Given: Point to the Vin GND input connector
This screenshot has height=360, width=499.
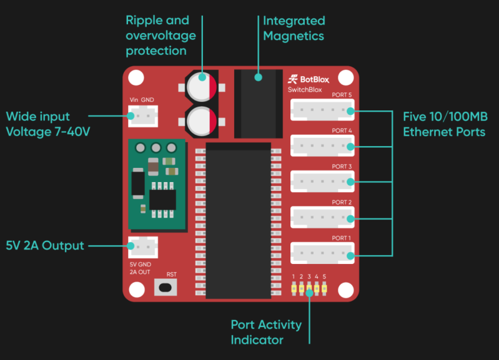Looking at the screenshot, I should coord(143,116).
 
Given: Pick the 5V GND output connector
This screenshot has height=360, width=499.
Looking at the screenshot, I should coord(143,248).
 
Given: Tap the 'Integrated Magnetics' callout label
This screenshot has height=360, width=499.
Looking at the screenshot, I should coord(294,29).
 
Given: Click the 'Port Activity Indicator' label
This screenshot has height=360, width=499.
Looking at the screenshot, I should coord(266,332).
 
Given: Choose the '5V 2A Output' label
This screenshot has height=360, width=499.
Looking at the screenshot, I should coord(45,245).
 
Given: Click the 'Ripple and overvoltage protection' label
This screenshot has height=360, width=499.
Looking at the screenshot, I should coord(161,36).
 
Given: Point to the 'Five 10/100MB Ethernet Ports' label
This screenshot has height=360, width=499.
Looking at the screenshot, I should coord(445,124).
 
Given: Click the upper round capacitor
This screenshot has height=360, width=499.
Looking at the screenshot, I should coord(200,86).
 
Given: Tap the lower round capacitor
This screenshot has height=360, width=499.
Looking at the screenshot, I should coord(200,120).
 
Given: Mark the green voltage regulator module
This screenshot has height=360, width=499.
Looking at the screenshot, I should coord(157,183).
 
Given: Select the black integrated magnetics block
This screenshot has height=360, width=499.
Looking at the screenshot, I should coord(258,103).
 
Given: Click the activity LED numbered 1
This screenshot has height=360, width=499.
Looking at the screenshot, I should coord(294,289).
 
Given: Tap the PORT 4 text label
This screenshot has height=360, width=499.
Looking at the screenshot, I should coord(342,130).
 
